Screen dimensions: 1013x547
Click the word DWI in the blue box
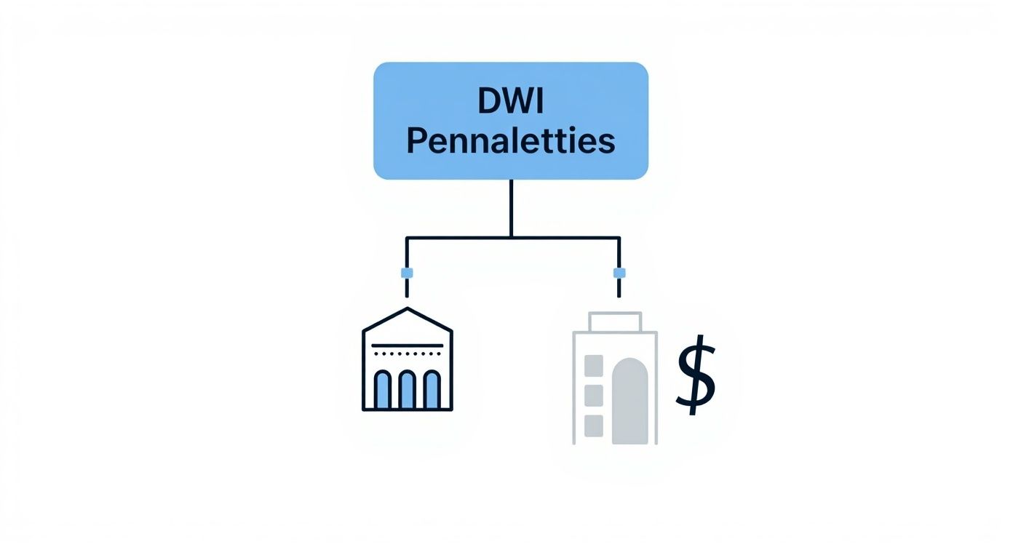pyautogui.click(x=511, y=103)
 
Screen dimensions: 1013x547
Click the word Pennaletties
pyautogui.click(x=511, y=142)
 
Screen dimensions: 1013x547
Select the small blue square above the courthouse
pyautogui.click(x=407, y=273)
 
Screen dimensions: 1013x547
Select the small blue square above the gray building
pyautogui.click(x=619, y=273)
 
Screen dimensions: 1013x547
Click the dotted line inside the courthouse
pyautogui.click(x=408, y=354)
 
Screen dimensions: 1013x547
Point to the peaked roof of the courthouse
pyautogui.click(x=408, y=314)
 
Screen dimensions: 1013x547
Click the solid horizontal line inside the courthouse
pyautogui.click(x=408, y=345)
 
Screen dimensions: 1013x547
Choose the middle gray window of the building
pyautogui.click(x=594, y=395)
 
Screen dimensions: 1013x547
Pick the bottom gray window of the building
pyautogui.click(x=594, y=426)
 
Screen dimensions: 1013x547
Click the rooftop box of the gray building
pyautogui.click(x=615, y=322)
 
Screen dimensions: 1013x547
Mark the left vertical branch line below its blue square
pyautogui.click(x=407, y=288)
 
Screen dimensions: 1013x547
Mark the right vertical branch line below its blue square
pyautogui.click(x=619, y=288)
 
